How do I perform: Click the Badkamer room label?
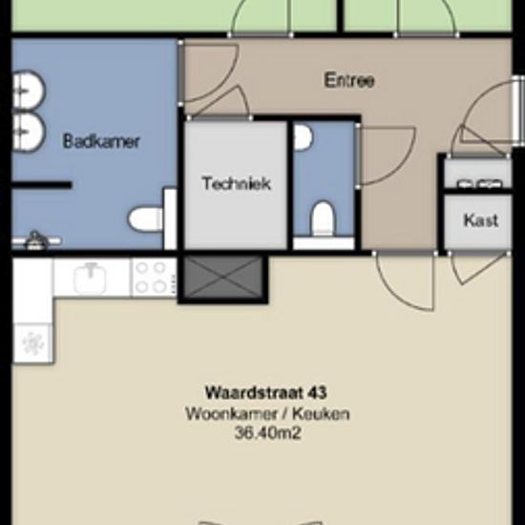click(101, 141)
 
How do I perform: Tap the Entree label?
click(348, 80)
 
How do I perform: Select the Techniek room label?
click(237, 183)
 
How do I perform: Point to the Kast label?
click(481, 220)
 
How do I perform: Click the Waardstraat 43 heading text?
click(266, 392)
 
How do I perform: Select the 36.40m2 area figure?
click(268, 433)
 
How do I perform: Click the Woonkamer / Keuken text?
click(267, 413)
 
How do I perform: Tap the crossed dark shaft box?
click(223, 277)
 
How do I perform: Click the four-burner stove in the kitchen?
click(154, 278)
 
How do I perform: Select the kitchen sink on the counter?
click(90, 278)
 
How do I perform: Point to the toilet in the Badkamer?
click(145, 219)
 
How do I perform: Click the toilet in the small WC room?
click(324, 219)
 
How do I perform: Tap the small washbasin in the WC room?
click(303, 137)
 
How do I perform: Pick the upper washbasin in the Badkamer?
click(29, 90)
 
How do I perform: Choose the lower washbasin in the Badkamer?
click(29, 132)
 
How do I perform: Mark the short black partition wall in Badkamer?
click(42, 185)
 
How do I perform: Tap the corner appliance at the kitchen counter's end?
click(33, 344)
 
